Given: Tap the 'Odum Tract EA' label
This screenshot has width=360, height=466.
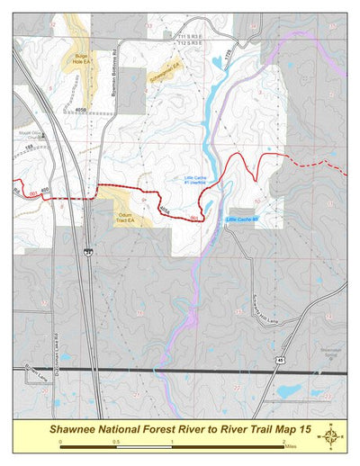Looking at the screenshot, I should [x=127, y=216].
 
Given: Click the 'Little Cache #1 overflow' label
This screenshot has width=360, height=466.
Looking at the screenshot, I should [x=196, y=180].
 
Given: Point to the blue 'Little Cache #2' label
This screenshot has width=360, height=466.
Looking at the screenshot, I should [x=242, y=220].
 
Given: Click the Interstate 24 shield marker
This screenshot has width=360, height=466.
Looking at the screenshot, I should [x=88, y=251].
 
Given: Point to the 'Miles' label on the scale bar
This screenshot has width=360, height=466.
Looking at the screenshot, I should [x=288, y=445].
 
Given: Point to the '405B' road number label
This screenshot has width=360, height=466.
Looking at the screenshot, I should [x=80, y=110].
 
